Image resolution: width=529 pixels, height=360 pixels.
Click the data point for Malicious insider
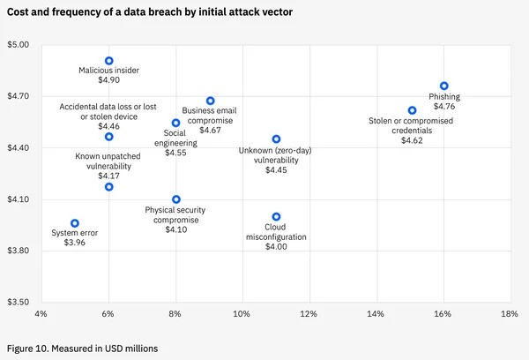pos(109,61)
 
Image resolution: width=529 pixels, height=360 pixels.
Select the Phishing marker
pos(444,86)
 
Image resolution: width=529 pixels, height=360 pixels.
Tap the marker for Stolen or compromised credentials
pos(412,110)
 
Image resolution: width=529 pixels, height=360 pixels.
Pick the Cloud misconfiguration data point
pos(276,216)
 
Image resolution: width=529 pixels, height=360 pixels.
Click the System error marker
pos(75,223)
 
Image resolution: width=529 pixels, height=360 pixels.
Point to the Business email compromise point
pos(210,101)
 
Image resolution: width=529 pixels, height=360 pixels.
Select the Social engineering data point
pos(175,123)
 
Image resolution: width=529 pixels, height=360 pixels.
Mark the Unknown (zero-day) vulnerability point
pos(276,139)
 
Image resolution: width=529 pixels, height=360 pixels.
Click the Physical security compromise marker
pos(176,199)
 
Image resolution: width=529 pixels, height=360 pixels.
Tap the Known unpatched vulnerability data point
pos(109,186)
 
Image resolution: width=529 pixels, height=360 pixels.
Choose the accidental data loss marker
pos(109,137)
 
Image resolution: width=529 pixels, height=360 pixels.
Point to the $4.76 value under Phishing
pos(444,107)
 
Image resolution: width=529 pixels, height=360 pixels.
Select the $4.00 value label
pos(276,247)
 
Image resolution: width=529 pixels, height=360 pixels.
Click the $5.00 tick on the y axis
pos(19,44)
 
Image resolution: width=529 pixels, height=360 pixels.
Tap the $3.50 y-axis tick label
pos(19,302)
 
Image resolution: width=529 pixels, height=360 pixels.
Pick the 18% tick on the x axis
pos(509,314)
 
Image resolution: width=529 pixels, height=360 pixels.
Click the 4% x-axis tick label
pos(41,314)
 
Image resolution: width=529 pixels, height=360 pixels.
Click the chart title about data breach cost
pos(150,12)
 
